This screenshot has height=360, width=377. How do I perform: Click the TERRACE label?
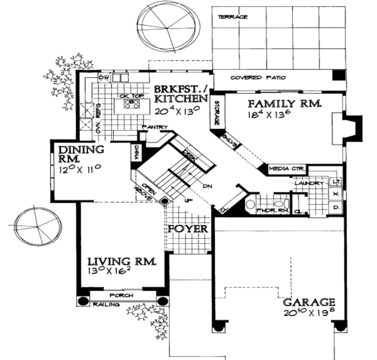(x=232, y=17)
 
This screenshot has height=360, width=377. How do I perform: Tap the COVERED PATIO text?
(x=258, y=78)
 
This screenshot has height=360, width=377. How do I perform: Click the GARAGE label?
(x=309, y=302)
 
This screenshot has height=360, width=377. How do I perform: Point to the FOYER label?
(x=188, y=229)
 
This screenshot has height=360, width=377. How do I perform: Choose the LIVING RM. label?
(x=121, y=262)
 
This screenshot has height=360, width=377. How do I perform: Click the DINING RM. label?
(x=81, y=154)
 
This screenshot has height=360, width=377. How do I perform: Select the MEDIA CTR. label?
(x=287, y=169)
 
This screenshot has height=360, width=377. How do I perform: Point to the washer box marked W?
(x=336, y=193)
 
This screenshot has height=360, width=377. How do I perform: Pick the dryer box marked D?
(x=336, y=207)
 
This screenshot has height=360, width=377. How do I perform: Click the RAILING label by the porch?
(x=106, y=304)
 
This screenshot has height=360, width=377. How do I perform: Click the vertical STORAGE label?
(x=216, y=112)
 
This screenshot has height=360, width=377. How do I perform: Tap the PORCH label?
(x=121, y=295)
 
